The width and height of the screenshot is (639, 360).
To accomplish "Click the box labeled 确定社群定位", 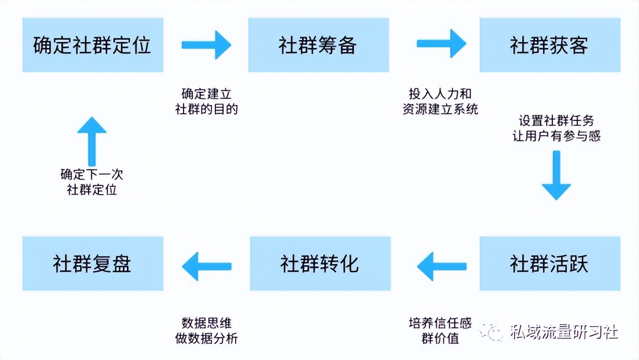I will coord(92,45).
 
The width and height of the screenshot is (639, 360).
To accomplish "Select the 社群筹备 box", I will coord(318,45).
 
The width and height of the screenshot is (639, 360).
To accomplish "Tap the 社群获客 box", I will coord(549,45).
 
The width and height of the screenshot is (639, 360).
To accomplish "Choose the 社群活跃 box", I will coord(549,264).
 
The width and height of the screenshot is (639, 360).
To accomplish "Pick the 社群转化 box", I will coord(320,264).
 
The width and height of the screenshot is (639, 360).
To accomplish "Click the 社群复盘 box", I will coord(92,264).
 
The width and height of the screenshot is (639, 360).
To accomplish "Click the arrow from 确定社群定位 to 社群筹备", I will coord(206,45).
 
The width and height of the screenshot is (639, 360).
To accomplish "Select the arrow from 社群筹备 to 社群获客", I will coord(441,44).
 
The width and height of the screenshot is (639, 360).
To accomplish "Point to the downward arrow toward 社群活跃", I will coord(556,175).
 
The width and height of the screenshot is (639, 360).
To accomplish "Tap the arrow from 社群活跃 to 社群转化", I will coord(441,266).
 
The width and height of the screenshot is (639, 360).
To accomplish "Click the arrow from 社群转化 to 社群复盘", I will coord(206,266).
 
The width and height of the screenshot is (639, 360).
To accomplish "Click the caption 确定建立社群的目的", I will coord(206,101).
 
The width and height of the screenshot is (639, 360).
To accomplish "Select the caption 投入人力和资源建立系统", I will coord(440,101).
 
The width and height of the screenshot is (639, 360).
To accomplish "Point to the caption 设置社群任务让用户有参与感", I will coord(556,128).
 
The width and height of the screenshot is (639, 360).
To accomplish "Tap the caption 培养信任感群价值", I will coord(440,330).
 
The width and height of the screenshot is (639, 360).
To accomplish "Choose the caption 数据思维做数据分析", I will coord(206,330).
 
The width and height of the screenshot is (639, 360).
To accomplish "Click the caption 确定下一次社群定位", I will coord(92,181).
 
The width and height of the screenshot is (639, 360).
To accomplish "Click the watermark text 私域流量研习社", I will coord(564,332).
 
